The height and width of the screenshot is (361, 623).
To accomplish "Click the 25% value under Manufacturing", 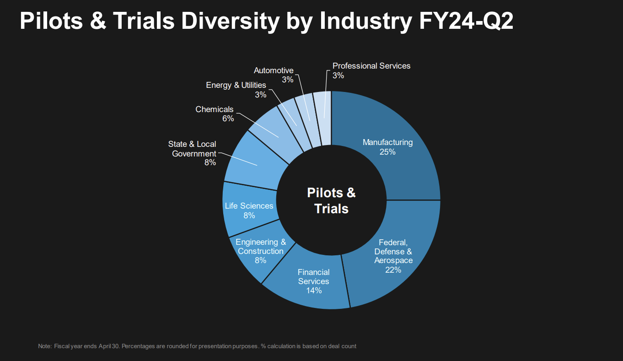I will point(387,152).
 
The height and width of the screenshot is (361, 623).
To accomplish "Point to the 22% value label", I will point(393,270).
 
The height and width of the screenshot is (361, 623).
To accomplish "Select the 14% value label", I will point(314,291).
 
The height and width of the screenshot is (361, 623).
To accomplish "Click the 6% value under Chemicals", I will point(228,119).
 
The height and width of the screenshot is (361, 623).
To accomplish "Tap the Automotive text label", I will point(274,70).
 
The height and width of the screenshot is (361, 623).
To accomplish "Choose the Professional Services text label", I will point(371,66).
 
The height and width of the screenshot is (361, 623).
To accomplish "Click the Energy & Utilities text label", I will point(236,85).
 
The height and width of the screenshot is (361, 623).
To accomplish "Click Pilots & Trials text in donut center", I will point(331,200).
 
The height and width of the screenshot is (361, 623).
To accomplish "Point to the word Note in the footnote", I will point(45,346).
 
